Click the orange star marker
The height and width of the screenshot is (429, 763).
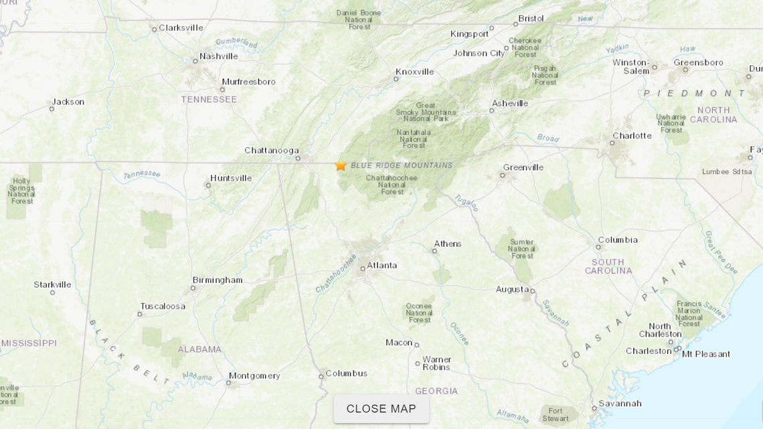pos(341,165)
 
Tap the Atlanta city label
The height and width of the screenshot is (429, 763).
pos(381,266)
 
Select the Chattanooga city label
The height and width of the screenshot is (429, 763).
pos(271,151)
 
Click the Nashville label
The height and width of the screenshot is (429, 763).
pos(218,57)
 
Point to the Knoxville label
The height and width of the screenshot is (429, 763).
pos(414,72)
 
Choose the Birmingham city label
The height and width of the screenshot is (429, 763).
pos(217,280)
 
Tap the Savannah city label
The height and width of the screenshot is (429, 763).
pos(620,404)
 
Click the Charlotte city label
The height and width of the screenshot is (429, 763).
pos(631,136)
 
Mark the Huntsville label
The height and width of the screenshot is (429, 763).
pos(231,179)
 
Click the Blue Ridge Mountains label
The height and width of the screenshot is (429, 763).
pos(402,165)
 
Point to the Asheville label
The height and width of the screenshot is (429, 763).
pos(509,104)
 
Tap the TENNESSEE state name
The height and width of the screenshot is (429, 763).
pos(209,100)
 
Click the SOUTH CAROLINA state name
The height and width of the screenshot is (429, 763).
pos(608,266)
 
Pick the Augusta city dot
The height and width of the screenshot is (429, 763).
pos(532,291)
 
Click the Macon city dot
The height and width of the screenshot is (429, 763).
pos(416,345)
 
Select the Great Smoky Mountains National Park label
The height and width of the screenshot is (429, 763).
pos(425,112)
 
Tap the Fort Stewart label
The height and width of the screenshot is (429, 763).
pos(555,415)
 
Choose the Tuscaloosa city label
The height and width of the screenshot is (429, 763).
pos(163,307)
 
